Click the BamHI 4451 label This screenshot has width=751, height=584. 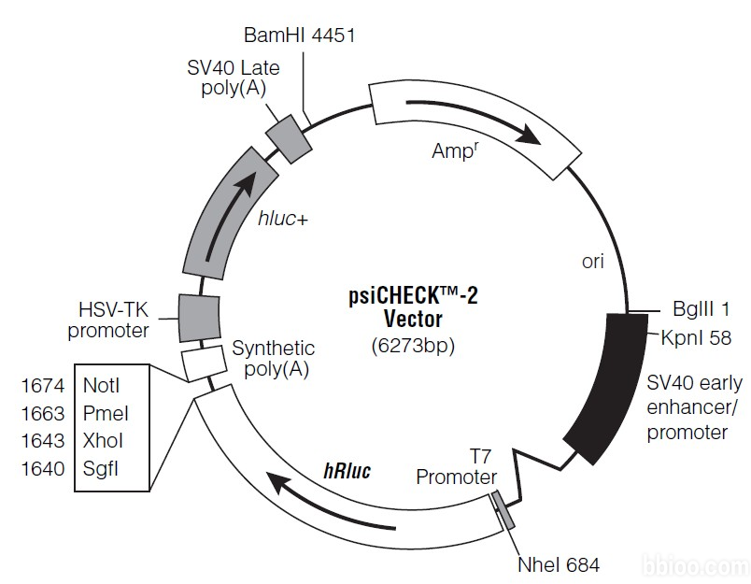pyautogui.click(x=300, y=36)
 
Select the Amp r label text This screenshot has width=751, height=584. pyautogui.click(x=455, y=150)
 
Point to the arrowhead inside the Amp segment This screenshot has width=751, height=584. pyautogui.click(x=528, y=136)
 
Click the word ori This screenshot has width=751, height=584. pyautogui.click(x=593, y=262)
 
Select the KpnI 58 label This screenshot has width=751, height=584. pyautogui.click(x=696, y=336)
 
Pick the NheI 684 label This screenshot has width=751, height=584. pyautogui.click(x=559, y=564)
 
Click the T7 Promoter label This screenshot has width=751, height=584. pyautogui.click(x=456, y=468)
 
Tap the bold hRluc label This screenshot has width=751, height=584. pyautogui.click(x=347, y=471)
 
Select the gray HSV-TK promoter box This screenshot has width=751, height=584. pyautogui.click(x=199, y=317)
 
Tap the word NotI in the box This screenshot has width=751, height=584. pyautogui.click(x=102, y=385)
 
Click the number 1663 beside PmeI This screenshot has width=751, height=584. pyautogui.click(x=42, y=412)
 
